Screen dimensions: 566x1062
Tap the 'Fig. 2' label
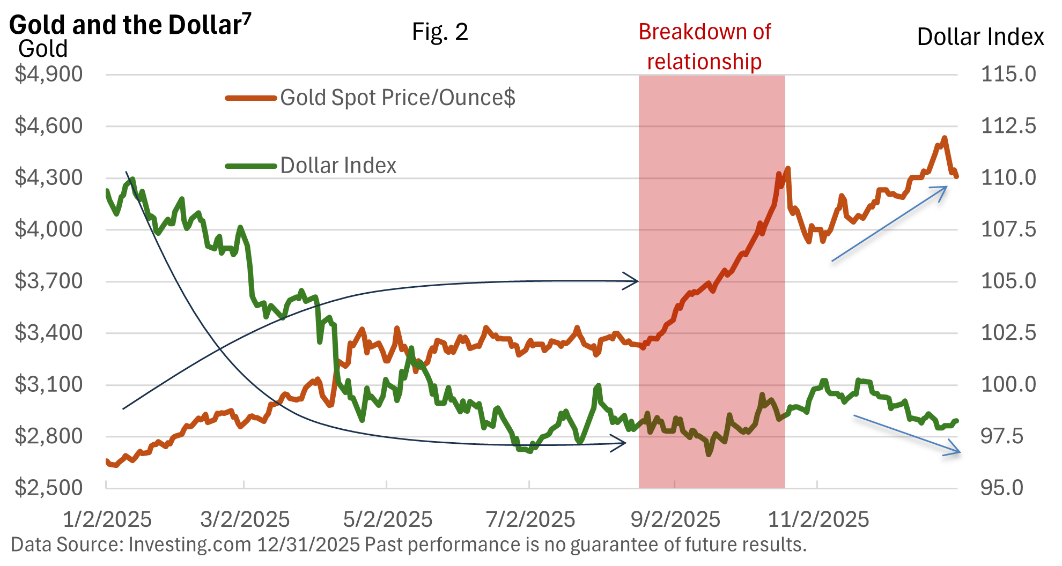(x=440, y=32)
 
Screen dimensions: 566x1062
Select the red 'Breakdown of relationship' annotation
(x=704, y=47)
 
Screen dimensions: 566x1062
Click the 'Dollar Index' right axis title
(x=980, y=37)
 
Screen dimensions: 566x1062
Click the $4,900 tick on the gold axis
(x=49, y=74)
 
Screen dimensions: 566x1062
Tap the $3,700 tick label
(x=49, y=281)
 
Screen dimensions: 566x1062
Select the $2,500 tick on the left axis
(x=49, y=488)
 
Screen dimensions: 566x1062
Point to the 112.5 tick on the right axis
(x=1008, y=126)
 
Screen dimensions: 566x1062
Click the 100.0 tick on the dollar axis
(x=1008, y=384)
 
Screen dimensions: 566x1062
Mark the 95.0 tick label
(x=1002, y=488)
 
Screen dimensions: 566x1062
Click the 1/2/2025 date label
(x=107, y=519)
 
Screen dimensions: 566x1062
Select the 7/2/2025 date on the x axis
(x=530, y=519)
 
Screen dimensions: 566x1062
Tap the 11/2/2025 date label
(x=818, y=519)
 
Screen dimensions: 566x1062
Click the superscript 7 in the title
(x=246, y=18)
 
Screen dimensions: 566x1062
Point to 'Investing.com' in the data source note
(x=190, y=545)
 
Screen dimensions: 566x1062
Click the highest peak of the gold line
(x=945, y=138)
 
